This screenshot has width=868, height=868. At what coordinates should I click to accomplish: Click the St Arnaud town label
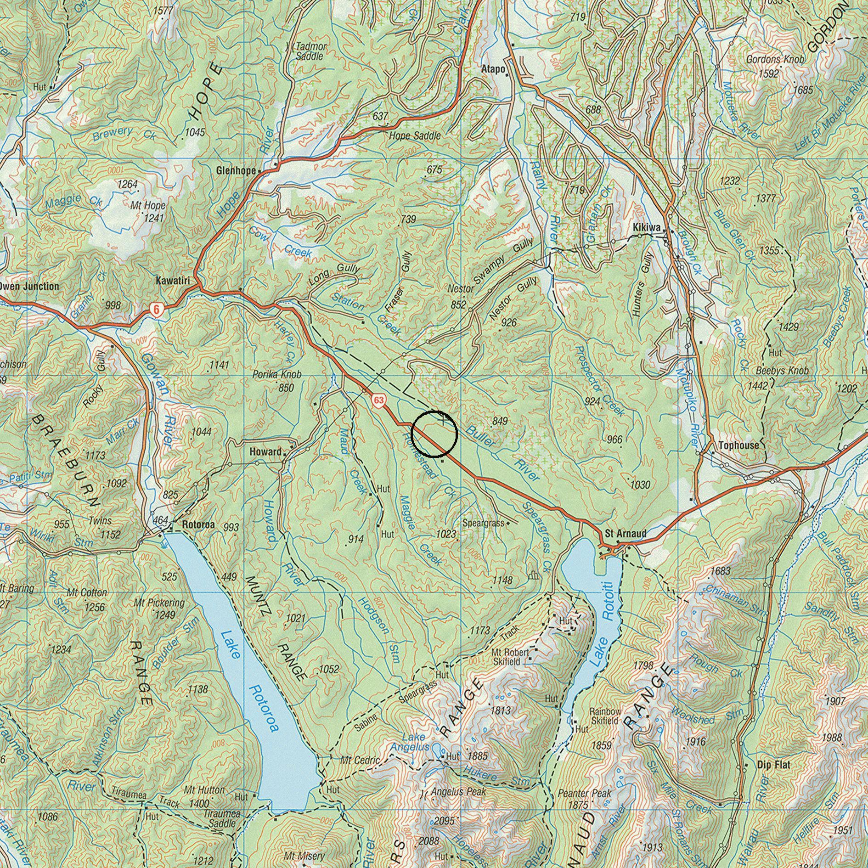[x=626, y=534]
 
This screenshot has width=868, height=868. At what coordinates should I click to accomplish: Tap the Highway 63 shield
[x=378, y=400]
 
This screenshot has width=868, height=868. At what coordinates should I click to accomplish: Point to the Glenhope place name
[x=236, y=171]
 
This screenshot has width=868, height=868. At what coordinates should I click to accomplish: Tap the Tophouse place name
[x=738, y=445]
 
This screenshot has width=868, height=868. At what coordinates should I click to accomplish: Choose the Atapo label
[x=493, y=70]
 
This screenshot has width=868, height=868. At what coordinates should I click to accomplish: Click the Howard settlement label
[x=265, y=452]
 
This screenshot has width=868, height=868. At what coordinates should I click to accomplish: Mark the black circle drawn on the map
[x=434, y=434]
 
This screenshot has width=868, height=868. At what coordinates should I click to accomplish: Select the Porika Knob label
[x=277, y=375]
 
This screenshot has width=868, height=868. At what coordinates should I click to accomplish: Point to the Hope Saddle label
[x=415, y=136]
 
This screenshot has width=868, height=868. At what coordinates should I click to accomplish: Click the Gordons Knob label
[x=775, y=60]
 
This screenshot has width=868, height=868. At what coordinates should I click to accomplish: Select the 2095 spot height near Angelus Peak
[x=444, y=821]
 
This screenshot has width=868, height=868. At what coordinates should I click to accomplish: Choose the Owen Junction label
[x=28, y=286]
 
